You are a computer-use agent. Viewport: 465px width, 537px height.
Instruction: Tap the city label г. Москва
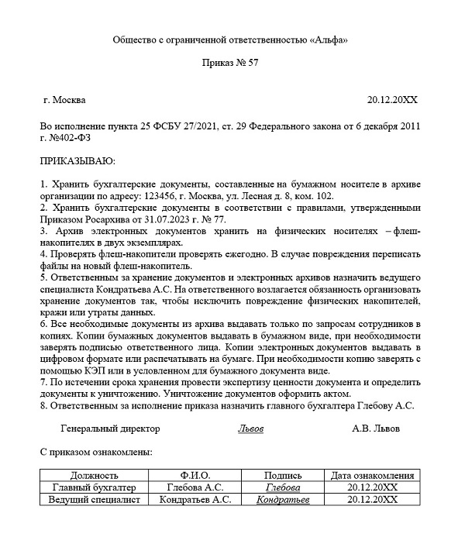(65, 100)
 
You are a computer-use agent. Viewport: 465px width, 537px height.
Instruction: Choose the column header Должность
(94, 476)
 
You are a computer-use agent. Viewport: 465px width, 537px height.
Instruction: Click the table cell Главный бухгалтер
(94, 488)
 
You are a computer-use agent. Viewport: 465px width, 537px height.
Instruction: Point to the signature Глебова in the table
(283, 488)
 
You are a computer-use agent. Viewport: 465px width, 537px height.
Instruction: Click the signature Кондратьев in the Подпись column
(283, 501)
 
